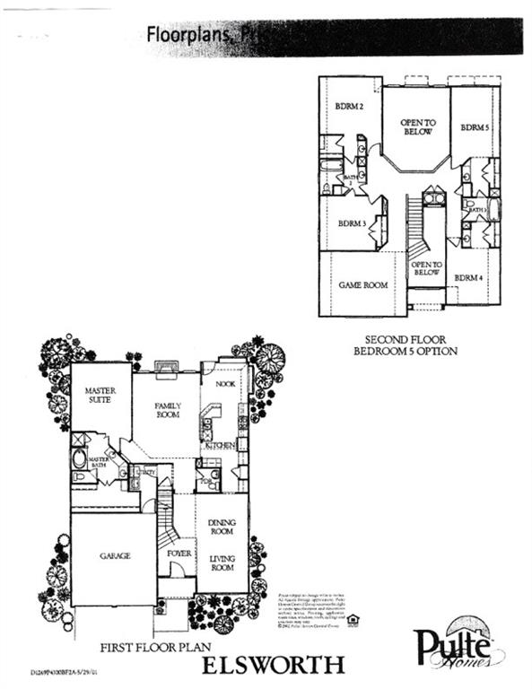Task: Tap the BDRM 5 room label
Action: coord(475,127)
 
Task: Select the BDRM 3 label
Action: coord(351,222)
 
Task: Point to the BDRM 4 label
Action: coord(467,277)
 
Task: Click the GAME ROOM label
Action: coord(362,285)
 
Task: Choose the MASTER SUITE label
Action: coord(101,396)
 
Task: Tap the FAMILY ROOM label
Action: coord(167,411)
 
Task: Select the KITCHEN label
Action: coord(220,445)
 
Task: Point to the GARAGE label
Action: coord(114,555)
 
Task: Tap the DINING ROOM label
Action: coord(222,528)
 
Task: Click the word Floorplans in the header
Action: coord(184,35)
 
